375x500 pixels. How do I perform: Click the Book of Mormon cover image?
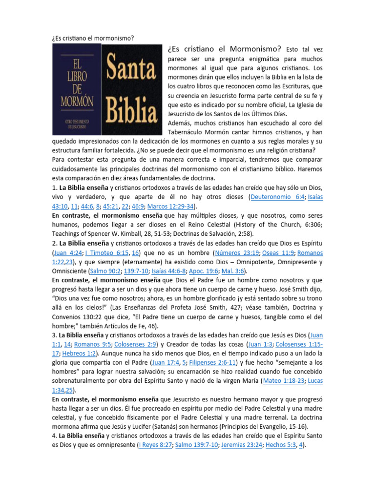coord(77,89)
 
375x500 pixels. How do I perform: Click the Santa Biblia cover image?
coord(132,89)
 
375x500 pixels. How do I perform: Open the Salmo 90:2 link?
coord(103,271)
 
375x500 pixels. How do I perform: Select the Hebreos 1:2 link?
coord(81,354)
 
